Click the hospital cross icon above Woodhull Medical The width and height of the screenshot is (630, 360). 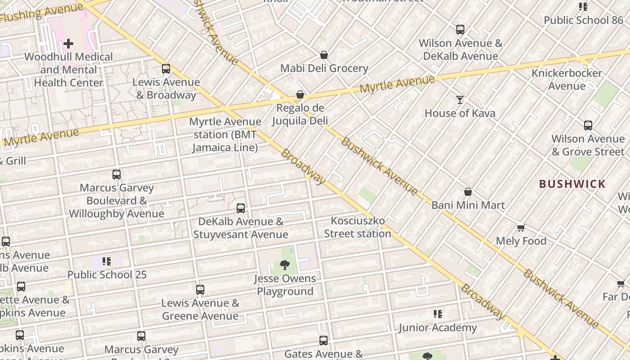68,44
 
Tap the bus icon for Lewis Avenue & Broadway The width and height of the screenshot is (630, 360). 166,69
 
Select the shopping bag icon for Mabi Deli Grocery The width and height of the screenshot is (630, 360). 324,55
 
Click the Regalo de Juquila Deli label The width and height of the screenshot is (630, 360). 300,114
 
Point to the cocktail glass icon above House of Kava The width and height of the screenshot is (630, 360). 460,100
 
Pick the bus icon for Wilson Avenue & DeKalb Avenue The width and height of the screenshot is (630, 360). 460,30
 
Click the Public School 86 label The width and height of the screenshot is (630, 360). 583,20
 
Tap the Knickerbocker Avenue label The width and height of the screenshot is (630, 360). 567,79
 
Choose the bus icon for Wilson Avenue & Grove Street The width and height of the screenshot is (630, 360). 588,126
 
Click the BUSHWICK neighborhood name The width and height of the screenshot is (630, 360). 572,184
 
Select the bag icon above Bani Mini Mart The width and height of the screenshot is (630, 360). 468,192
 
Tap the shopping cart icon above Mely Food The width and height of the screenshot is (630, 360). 521,228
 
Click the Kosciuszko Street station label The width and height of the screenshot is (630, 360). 357,227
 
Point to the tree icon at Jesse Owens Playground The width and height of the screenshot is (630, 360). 284,265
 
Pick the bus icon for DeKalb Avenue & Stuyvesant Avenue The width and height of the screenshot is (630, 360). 241,208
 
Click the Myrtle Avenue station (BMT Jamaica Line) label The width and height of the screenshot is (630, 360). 225,135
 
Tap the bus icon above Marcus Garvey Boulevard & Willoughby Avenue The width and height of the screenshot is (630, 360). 117,175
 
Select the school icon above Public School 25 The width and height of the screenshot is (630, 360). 107,261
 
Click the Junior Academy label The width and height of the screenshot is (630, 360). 437,328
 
